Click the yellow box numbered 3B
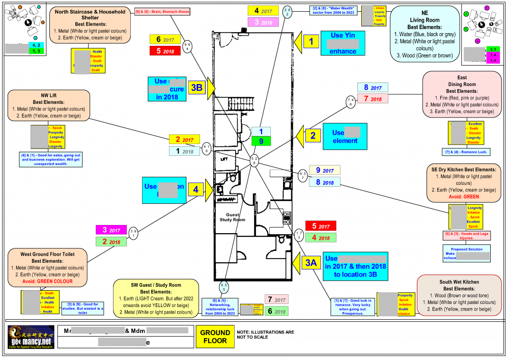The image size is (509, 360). pos(196,88)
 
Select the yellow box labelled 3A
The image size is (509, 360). pos(311,262)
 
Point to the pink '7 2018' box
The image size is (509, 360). pos(373,98)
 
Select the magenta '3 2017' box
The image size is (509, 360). pos(111,230)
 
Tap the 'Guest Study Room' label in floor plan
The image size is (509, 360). pos(232,217)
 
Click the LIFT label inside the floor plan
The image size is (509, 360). pos(223,159)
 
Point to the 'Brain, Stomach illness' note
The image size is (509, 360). pos(162,11)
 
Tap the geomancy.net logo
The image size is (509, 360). pos(31,337)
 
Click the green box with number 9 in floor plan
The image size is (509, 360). pos(261,141)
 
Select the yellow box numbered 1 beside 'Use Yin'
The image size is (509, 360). pos(311,43)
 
